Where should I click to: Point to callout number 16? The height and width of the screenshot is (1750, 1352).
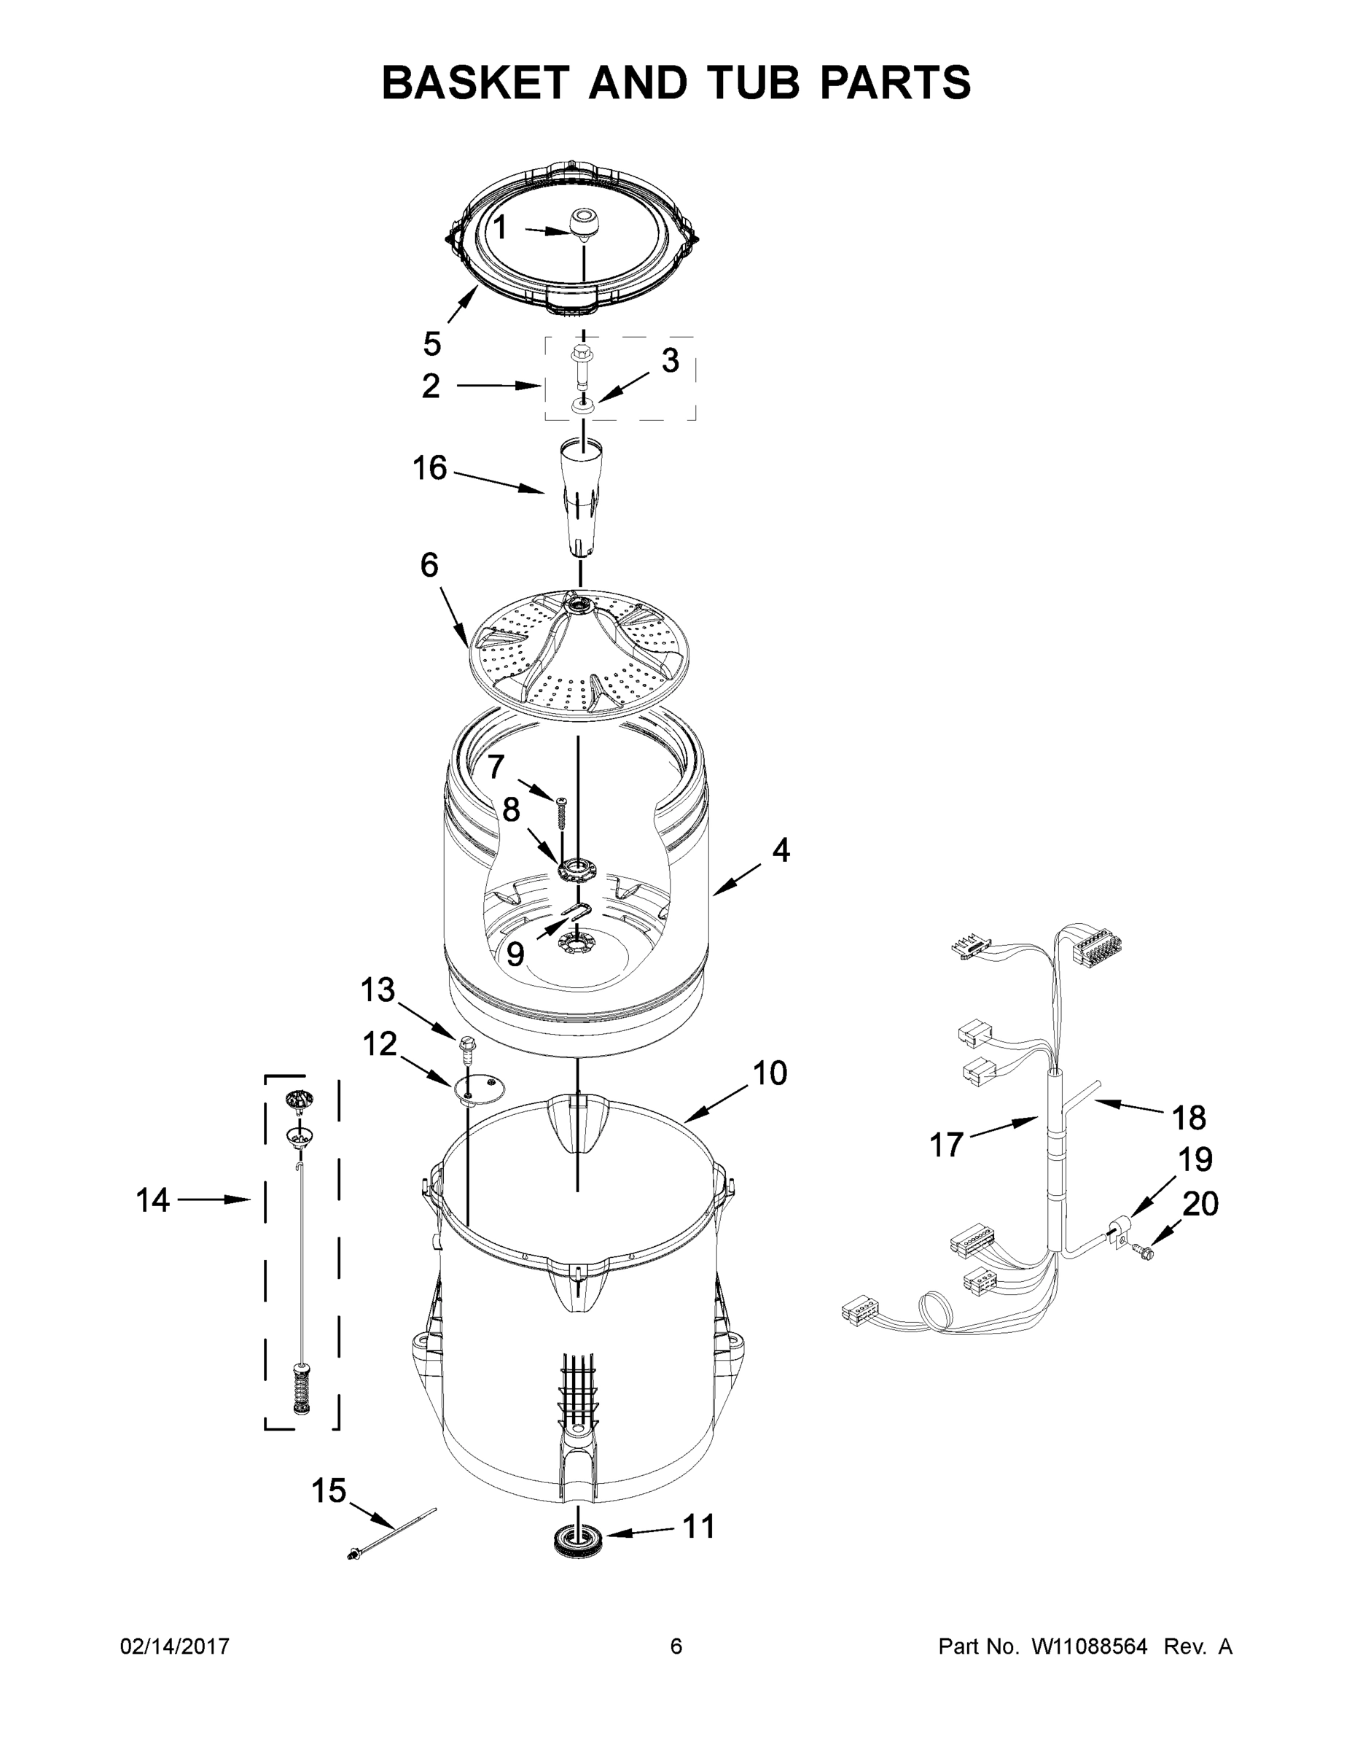coord(429,468)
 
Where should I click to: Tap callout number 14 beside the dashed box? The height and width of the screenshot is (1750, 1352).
coord(152,1200)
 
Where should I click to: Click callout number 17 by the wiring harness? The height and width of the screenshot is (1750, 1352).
coord(946,1145)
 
